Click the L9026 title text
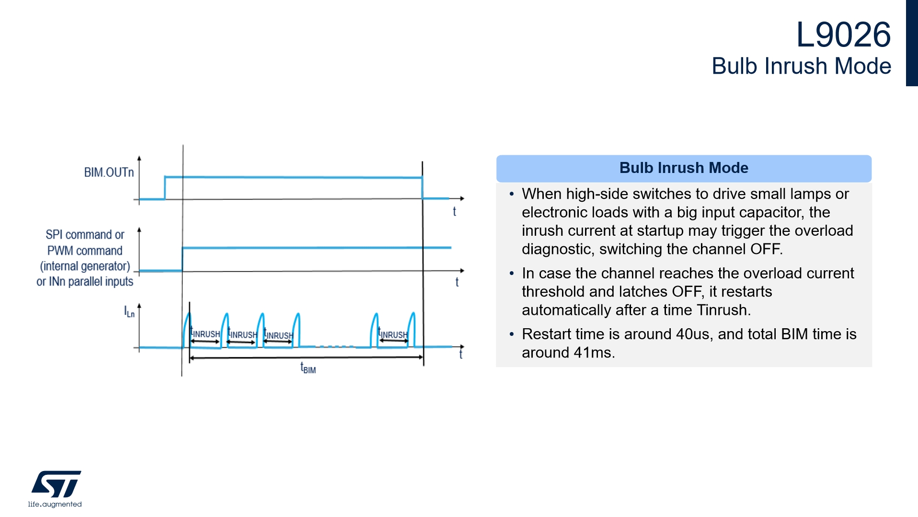point(843,34)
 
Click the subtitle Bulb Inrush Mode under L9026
point(801,66)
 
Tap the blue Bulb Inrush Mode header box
point(684,168)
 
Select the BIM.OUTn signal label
point(109,172)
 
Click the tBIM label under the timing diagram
point(308,368)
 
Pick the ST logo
point(56,484)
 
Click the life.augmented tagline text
point(55,504)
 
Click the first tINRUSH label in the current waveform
point(205,332)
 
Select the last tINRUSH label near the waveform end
point(393,333)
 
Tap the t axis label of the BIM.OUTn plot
point(454,211)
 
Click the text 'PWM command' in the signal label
point(85,251)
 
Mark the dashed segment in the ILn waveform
point(334,346)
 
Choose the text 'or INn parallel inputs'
point(85,282)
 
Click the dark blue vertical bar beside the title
point(912,43)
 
